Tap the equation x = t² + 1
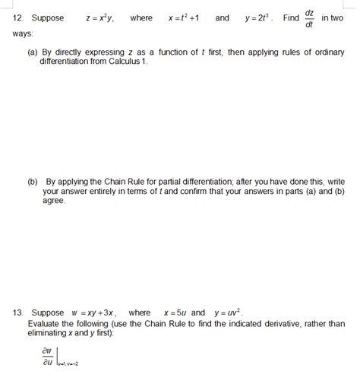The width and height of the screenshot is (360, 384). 184,18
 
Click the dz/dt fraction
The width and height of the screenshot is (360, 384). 309,18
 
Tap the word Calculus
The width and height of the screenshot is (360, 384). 125,62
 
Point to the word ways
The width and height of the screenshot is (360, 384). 22,34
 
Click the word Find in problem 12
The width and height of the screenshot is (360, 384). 291,18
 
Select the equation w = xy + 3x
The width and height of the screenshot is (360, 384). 93,313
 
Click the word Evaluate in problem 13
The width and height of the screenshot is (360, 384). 46,323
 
